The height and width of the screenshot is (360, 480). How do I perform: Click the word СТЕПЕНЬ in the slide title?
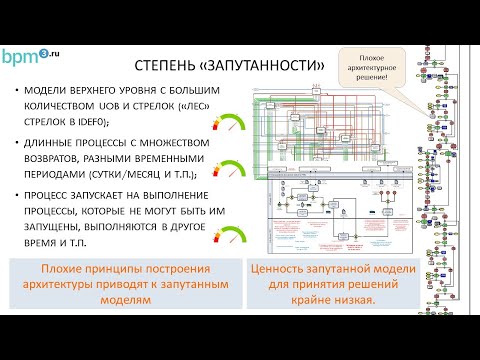click(166, 66)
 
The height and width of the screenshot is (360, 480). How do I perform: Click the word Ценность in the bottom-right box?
click(289, 268)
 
